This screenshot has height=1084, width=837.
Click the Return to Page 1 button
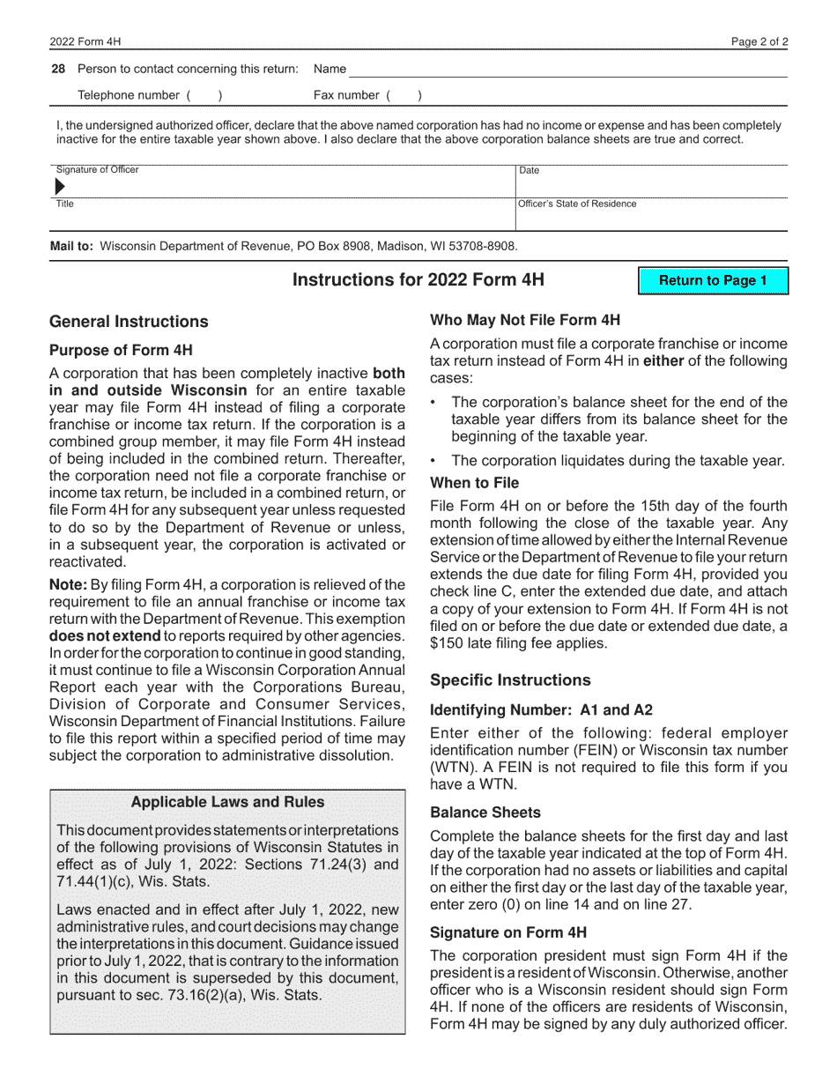pyautogui.click(x=713, y=281)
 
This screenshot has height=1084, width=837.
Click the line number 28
pyautogui.click(x=58, y=69)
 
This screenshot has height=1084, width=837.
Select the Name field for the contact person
pyautogui.click(x=564, y=69)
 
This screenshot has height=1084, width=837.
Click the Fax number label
pyautogui.click(x=346, y=95)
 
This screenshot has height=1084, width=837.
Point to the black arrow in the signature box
pyautogui.click(x=60, y=186)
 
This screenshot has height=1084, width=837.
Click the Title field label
pyautogui.click(x=65, y=204)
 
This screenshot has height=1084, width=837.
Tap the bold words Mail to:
pyautogui.click(x=71, y=247)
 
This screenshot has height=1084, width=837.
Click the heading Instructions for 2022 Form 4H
pyautogui.click(x=418, y=280)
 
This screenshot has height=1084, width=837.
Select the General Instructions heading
pyautogui.click(x=129, y=322)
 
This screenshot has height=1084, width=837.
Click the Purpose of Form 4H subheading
pyautogui.click(x=121, y=350)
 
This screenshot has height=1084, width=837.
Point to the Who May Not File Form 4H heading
pyautogui.click(x=524, y=320)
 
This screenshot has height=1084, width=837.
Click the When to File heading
pyautogui.click(x=474, y=483)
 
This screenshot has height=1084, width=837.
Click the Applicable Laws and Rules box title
pyautogui.click(x=227, y=802)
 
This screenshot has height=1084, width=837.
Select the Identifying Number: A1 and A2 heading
pyautogui.click(x=541, y=710)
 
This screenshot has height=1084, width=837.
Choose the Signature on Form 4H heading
pyautogui.click(x=508, y=932)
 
